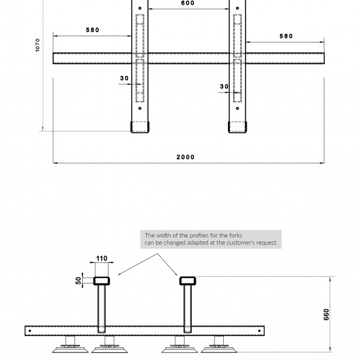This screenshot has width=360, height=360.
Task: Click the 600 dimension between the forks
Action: (x=188, y=3)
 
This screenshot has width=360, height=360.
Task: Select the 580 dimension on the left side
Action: (x=92, y=30)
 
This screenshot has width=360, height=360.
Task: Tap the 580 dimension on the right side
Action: (x=286, y=36)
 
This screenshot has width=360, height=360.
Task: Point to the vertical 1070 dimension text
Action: (x=37, y=45)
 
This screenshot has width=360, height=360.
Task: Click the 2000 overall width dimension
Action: (x=185, y=157)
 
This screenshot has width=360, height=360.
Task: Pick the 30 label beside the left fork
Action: (x=124, y=78)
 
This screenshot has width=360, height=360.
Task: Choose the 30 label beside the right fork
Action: (x=224, y=86)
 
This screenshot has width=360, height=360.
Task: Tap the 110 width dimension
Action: (x=102, y=258)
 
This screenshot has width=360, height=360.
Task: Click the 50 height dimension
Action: (x=78, y=281)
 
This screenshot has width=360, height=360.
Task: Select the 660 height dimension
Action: (x=326, y=314)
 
